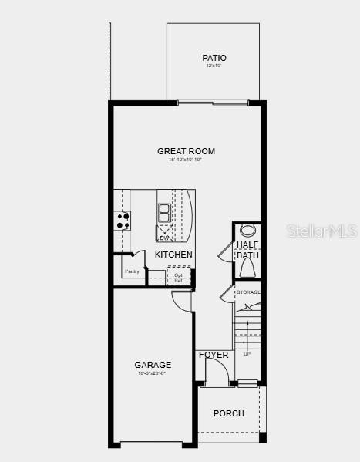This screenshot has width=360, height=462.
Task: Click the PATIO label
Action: coord(214,58)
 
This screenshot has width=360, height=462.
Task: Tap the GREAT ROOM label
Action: coord(186,151)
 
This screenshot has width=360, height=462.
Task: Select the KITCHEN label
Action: coord(173,255)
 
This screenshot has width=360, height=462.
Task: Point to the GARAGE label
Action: coord(153,365)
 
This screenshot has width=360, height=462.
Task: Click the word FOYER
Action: coord(214,355)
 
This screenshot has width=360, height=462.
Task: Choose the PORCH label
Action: coord(228,413)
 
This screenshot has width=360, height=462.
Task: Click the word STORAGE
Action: coord(248,292)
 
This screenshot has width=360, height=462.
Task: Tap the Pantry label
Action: coord(132,271)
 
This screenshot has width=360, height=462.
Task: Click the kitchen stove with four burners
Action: coord(123,220)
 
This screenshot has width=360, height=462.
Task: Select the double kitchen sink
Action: coord(164,212)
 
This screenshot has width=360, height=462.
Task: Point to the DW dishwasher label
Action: coord(164,238)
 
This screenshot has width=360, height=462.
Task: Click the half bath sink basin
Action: coord(247,230)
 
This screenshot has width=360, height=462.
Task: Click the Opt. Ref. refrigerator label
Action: coord(178,277)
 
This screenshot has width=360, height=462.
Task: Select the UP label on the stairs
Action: coord(247,354)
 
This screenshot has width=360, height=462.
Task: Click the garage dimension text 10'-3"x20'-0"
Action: coord(152,373)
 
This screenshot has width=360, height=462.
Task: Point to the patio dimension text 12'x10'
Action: coord(214,66)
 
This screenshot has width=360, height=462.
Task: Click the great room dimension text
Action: coord(186,160)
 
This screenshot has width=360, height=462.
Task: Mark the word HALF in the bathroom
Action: coord(247,244)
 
